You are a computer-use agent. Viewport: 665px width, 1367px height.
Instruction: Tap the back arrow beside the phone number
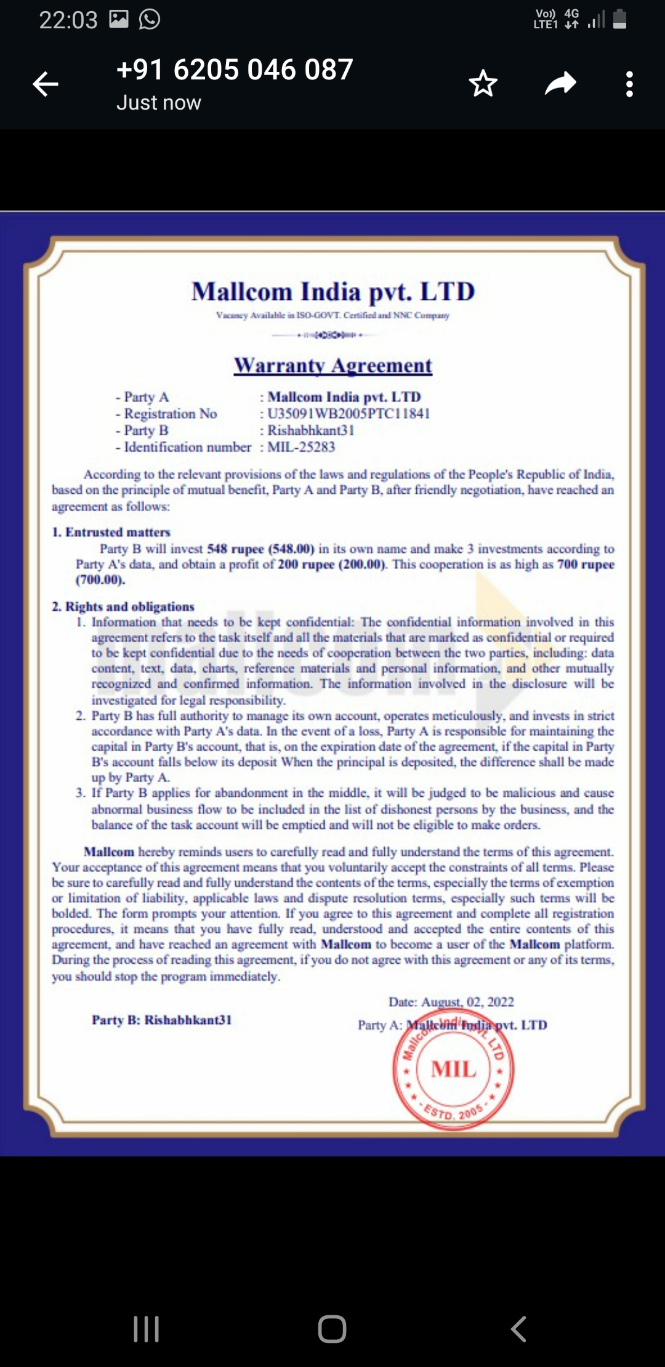(46, 84)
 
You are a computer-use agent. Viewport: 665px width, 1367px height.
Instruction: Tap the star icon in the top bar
(483, 84)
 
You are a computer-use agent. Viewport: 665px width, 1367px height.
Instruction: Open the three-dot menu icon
(629, 84)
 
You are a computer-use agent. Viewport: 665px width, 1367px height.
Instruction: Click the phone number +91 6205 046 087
(235, 70)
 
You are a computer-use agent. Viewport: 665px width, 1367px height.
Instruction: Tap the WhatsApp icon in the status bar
(150, 19)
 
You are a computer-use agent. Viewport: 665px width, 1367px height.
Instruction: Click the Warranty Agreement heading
(332, 365)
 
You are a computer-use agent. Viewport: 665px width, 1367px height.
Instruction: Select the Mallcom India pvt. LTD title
(333, 292)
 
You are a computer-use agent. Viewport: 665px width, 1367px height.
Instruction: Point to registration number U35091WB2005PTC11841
(349, 414)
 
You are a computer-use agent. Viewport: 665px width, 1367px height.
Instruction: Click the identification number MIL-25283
(301, 447)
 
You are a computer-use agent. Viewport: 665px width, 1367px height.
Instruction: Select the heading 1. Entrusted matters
(111, 532)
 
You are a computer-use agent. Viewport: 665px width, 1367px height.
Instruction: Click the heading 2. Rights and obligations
(123, 607)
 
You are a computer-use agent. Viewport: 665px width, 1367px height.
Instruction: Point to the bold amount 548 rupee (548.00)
(260, 549)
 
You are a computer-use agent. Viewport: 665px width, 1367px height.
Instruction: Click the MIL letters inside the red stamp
(454, 1069)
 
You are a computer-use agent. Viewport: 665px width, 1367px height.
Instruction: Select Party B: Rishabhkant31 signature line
(162, 1020)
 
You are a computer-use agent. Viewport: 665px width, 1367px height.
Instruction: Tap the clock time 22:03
(68, 20)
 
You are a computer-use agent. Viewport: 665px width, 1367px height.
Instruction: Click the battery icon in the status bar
(620, 19)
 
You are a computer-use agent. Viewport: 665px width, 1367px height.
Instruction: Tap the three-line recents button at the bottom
(147, 1329)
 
